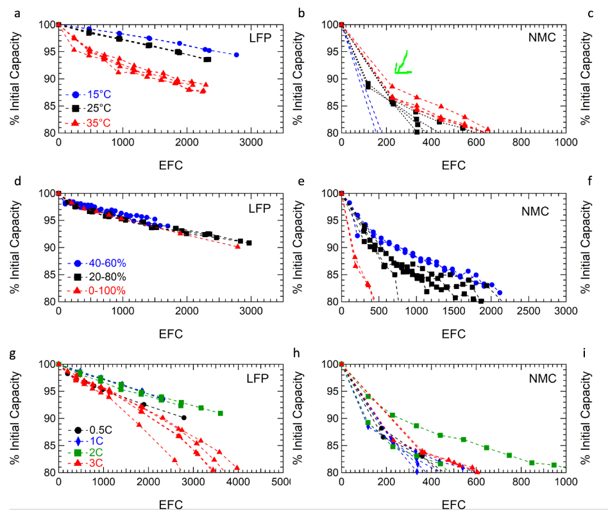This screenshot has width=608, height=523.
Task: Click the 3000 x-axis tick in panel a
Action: [x=249, y=142]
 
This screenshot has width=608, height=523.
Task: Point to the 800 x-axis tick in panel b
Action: [x=519, y=142]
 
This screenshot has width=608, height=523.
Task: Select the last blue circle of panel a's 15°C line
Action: [x=236, y=55]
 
